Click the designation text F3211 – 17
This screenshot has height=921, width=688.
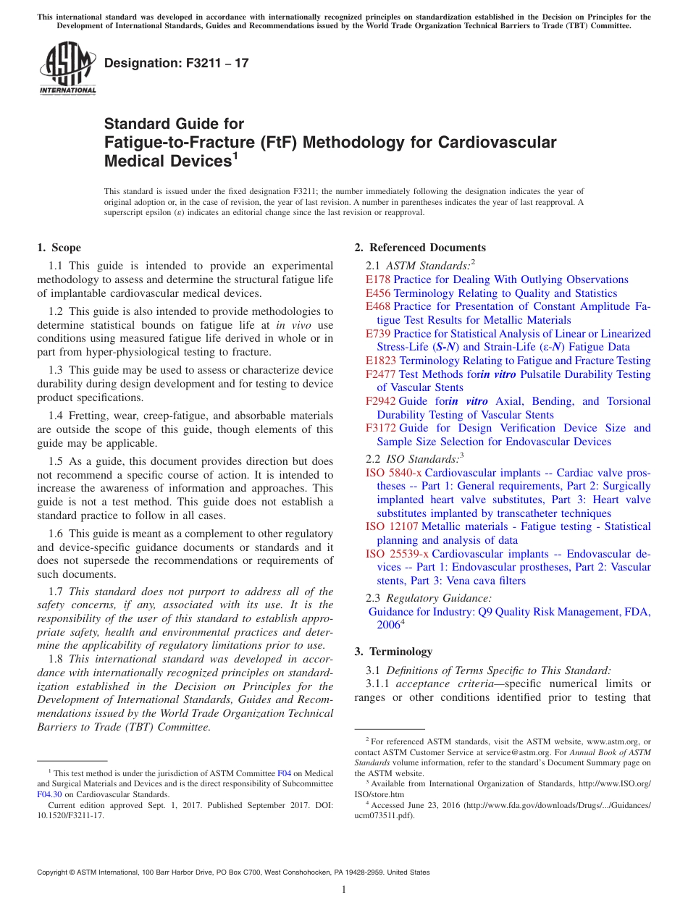[x=176, y=64]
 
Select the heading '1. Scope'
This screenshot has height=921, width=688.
[x=59, y=248]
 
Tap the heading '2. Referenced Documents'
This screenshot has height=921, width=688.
[x=420, y=248]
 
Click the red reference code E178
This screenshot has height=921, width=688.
[x=378, y=279]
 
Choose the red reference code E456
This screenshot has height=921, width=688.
[x=378, y=293]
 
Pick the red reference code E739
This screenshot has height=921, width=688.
[x=378, y=334]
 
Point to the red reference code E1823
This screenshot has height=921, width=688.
[x=381, y=361]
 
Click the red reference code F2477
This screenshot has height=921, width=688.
[x=381, y=374]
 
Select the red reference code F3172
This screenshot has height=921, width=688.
[x=381, y=428]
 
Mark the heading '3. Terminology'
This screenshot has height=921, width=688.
[x=393, y=652]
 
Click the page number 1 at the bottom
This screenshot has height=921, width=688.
[x=344, y=890]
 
